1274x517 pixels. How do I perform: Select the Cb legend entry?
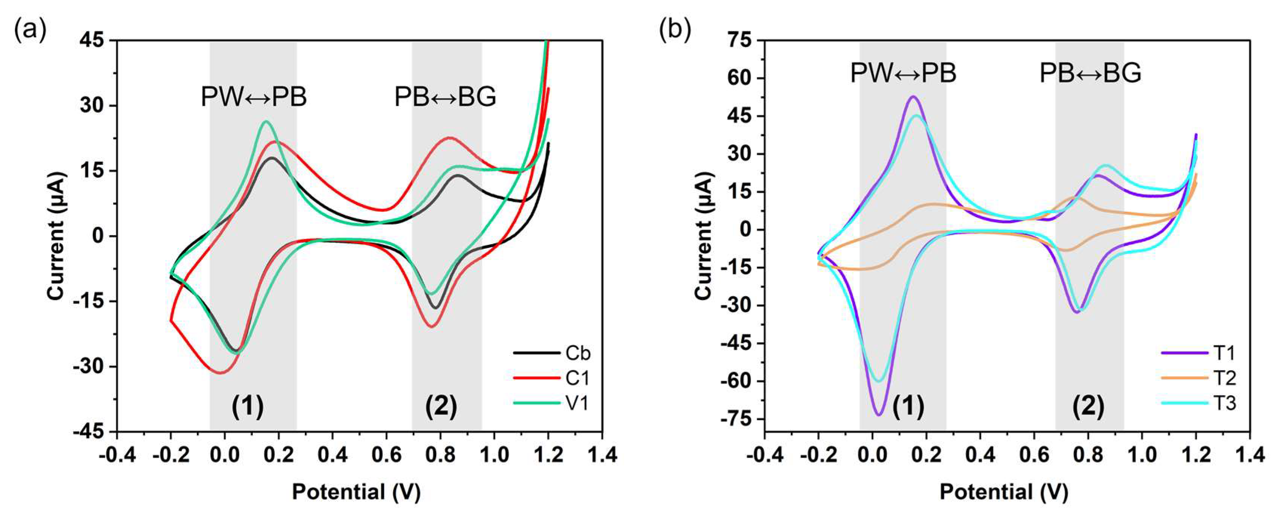(577, 353)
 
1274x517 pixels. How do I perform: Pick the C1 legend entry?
(577, 379)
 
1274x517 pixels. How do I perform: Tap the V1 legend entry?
(577, 404)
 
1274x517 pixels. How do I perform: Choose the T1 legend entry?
(1224, 353)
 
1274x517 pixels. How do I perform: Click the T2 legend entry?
(1224, 379)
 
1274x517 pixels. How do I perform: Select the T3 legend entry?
(1224, 404)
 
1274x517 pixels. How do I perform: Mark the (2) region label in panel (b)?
(1088, 407)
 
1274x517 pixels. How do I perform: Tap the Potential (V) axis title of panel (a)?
(356, 492)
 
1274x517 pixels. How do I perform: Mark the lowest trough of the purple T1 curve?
(879, 415)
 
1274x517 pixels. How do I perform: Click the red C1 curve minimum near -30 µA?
(220, 372)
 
